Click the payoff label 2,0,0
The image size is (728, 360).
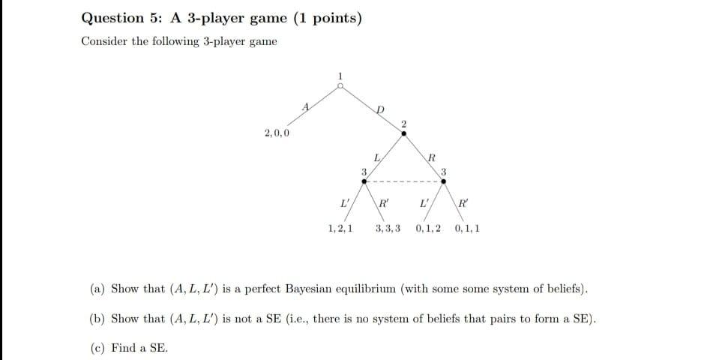click(x=277, y=133)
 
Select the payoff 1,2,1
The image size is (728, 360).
click(x=341, y=227)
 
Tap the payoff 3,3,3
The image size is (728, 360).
click(x=387, y=227)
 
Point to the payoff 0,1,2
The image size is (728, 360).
click(x=427, y=227)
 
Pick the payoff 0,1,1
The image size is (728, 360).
click(x=467, y=227)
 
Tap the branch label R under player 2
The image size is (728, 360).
click(x=431, y=157)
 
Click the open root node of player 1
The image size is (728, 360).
click(x=340, y=86)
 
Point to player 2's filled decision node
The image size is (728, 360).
click(x=403, y=133)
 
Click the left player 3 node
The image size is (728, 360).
click(x=364, y=181)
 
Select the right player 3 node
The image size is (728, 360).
click(x=444, y=181)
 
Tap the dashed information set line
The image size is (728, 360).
click(x=403, y=181)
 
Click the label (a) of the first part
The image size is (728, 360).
click(x=97, y=289)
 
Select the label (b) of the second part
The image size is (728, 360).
click(x=97, y=319)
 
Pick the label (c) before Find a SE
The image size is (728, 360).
click(x=97, y=348)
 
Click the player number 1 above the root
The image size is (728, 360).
click(x=340, y=75)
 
